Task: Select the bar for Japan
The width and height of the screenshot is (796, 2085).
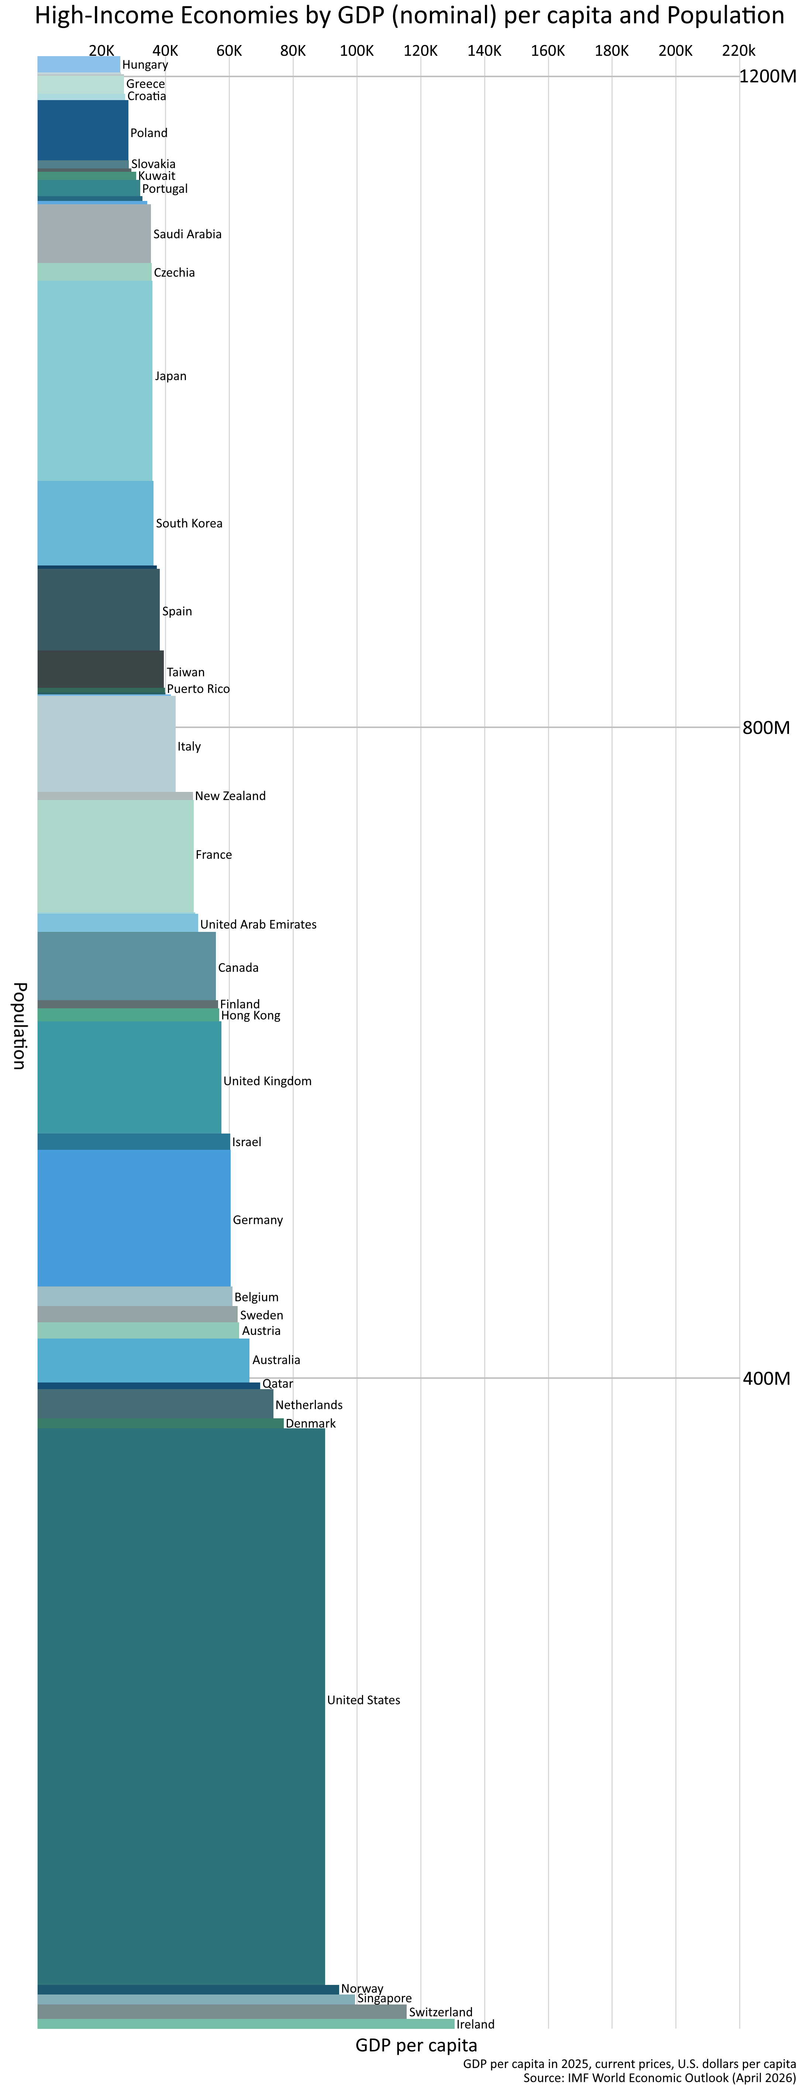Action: [x=94, y=380]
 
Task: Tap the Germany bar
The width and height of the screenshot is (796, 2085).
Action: [x=134, y=1218]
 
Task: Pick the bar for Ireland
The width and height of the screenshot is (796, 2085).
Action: [x=245, y=2023]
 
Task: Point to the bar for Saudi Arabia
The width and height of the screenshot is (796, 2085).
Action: [x=94, y=234]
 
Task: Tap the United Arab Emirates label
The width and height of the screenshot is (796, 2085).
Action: [x=258, y=924]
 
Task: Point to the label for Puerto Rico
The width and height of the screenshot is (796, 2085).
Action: [x=198, y=689]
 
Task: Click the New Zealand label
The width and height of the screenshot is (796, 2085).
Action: [x=230, y=796]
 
